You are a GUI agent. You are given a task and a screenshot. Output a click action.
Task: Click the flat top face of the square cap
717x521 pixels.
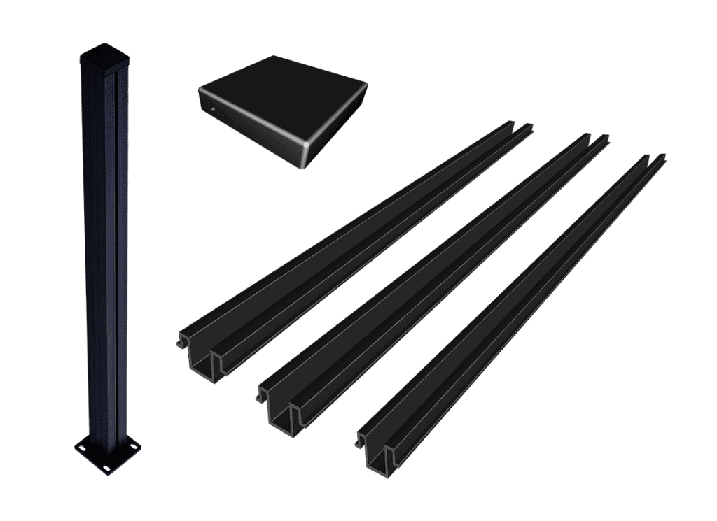click(284, 101)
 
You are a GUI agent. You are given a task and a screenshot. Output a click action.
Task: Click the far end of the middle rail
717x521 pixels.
click(594, 139)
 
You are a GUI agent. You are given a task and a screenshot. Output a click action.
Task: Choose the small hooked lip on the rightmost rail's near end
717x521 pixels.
click(361, 441)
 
